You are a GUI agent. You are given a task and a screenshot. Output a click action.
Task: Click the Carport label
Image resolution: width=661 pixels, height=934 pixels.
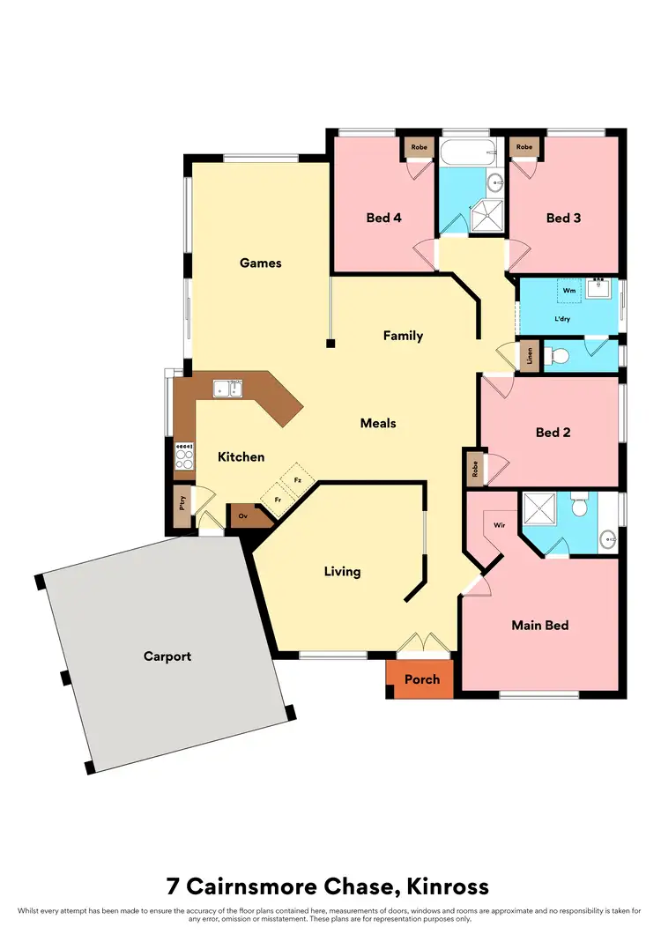pyautogui.click(x=167, y=656)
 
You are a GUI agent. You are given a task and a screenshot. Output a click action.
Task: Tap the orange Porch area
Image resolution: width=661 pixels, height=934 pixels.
pyautogui.click(x=420, y=679)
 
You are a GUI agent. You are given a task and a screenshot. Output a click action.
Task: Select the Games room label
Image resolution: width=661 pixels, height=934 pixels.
pyautogui.click(x=260, y=263)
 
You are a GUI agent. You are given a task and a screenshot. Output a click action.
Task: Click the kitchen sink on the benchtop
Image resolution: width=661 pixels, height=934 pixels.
pyautogui.click(x=227, y=388)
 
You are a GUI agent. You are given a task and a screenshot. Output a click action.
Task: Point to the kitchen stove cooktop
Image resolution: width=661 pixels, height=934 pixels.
pyautogui.click(x=185, y=456)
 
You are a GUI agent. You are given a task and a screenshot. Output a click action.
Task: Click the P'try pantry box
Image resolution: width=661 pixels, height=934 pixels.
pyautogui.click(x=183, y=507)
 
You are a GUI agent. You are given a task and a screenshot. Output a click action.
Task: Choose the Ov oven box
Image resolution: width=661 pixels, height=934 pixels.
pyautogui.click(x=243, y=515)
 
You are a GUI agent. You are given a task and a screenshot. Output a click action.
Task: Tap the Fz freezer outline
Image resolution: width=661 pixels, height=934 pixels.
pyautogui.click(x=298, y=480)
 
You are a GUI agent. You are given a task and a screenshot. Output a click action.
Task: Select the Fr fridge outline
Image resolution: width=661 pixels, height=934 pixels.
pyautogui.click(x=278, y=500)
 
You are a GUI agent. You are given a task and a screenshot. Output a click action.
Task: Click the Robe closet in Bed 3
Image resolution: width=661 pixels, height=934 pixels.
pyautogui.click(x=524, y=147)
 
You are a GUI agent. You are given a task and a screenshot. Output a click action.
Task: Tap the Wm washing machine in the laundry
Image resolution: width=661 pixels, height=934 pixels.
pyautogui.click(x=569, y=289)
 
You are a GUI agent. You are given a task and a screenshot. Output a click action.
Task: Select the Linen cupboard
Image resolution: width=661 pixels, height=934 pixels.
pyautogui.click(x=530, y=357)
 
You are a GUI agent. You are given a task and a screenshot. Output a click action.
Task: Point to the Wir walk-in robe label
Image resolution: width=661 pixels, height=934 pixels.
pyautogui.click(x=499, y=525)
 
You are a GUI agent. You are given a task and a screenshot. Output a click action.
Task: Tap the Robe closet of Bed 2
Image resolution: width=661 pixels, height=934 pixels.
pyautogui.click(x=475, y=469)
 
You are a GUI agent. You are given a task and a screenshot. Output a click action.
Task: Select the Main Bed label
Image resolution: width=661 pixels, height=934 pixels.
pyautogui.click(x=540, y=626)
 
